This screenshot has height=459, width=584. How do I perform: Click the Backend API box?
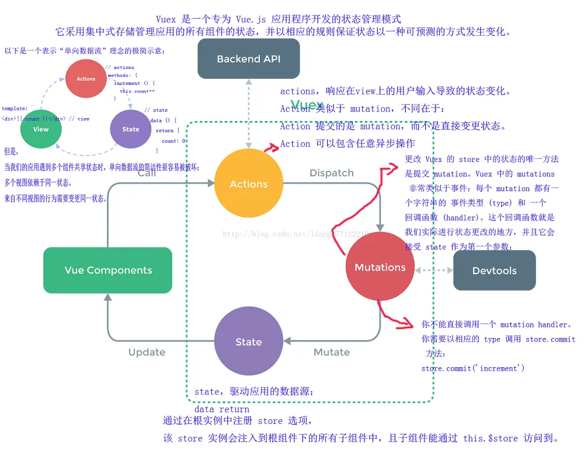point(248,58)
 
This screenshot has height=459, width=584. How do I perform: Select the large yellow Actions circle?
point(249,184)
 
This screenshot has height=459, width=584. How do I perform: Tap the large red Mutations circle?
point(380,267)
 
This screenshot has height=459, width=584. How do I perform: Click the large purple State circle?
point(248,342)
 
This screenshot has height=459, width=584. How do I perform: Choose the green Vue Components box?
point(108,270)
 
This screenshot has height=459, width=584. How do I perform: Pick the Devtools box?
point(494,270)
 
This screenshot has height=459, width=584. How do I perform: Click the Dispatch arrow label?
point(331,173)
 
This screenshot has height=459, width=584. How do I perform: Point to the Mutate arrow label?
point(331,352)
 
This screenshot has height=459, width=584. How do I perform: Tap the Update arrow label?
point(147,352)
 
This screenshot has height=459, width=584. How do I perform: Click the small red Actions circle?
point(86,79)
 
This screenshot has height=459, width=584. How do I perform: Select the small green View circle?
point(41,129)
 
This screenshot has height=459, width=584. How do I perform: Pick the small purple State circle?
point(131,129)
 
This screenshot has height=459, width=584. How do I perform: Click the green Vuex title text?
point(307,106)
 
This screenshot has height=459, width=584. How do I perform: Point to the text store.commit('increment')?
point(473,368)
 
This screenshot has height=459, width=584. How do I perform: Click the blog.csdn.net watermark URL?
point(295,234)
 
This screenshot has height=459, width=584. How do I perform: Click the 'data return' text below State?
point(222,409)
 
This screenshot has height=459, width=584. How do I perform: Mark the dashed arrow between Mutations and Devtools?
point(434,270)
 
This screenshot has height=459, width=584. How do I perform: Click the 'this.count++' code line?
point(137,91)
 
